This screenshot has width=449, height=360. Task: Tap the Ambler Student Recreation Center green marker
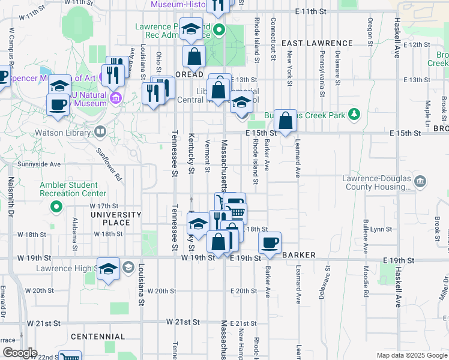coord(56,208)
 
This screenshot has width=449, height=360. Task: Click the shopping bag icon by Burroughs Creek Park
coord(286,120)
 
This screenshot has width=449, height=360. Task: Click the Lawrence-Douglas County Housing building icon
coord(420,181)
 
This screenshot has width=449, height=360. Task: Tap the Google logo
coord(19,353)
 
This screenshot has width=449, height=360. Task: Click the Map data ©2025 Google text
coord(412,355)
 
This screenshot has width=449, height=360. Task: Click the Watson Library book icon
coord(100,130)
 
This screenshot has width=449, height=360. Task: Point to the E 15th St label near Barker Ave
coord(259,133)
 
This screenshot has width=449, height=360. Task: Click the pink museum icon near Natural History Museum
coord(116,97)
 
